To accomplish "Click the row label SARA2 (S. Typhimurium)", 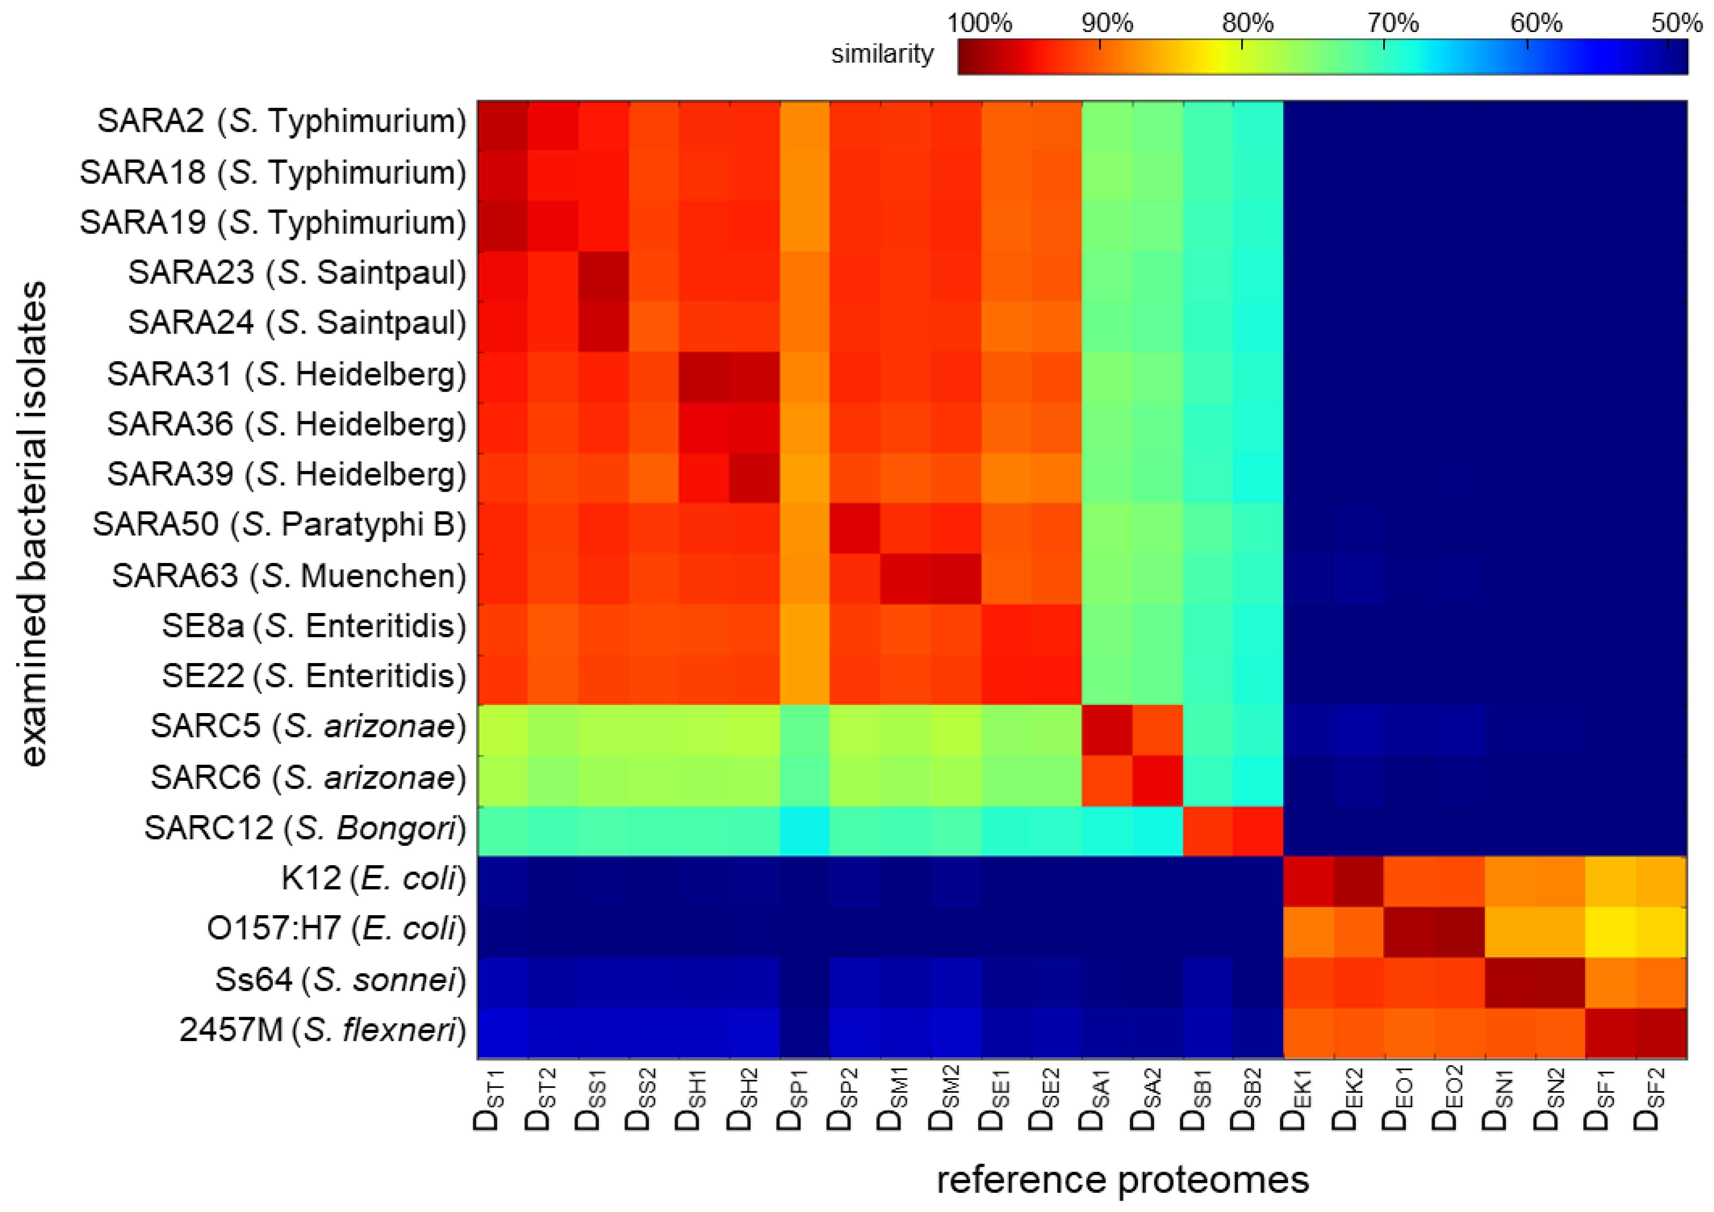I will click(x=282, y=121).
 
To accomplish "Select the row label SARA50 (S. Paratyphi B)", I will click(x=279, y=525).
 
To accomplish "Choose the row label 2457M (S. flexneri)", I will click(x=322, y=1031).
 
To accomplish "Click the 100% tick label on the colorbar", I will click(x=979, y=23).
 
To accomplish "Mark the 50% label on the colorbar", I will click(x=1676, y=23).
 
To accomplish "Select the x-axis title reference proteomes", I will click(x=1123, y=1180).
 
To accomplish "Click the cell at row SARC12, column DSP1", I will click(x=805, y=830).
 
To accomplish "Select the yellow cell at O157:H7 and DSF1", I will click(x=1610, y=931).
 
